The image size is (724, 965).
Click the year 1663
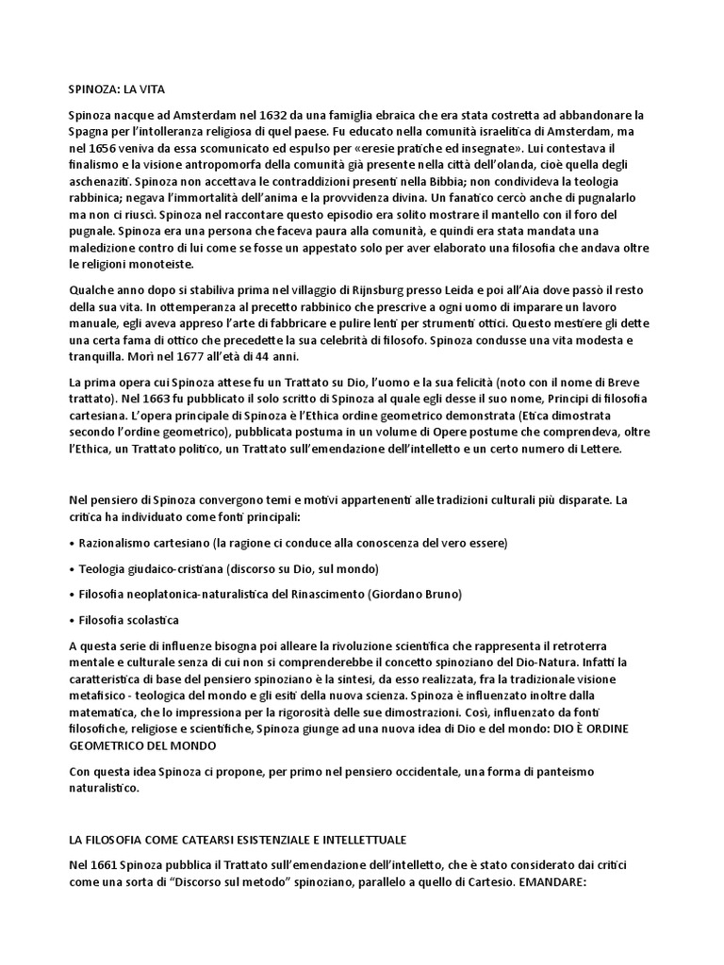[x=127, y=399]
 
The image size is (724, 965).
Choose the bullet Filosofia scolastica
[x=127, y=619]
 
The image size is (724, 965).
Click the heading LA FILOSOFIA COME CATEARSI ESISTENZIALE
[x=238, y=839]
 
